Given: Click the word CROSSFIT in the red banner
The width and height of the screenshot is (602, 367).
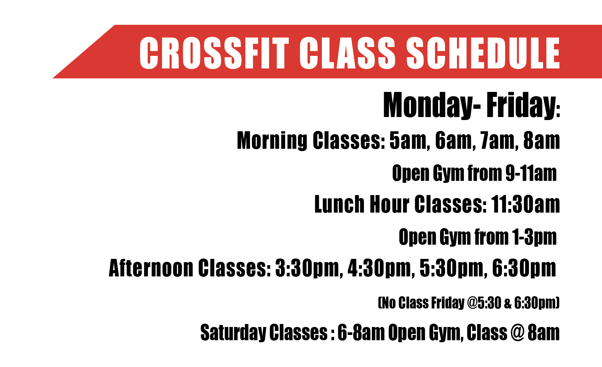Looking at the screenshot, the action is pyautogui.click(x=214, y=53).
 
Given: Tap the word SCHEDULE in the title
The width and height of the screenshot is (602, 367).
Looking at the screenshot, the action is pyautogui.click(x=483, y=53).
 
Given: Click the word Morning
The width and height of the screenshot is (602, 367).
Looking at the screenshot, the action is pyautogui.click(x=272, y=141).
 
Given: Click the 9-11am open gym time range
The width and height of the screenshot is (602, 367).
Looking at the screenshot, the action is pyautogui.click(x=531, y=173).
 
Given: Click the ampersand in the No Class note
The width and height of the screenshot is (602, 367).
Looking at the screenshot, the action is pyautogui.click(x=508, y=303).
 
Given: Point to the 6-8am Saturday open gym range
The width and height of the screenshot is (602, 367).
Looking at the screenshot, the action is pyautogui.click(x=361, y=333).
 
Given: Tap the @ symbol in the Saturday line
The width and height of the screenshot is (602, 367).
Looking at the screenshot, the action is pyautogui.click(x=517, y=333).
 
